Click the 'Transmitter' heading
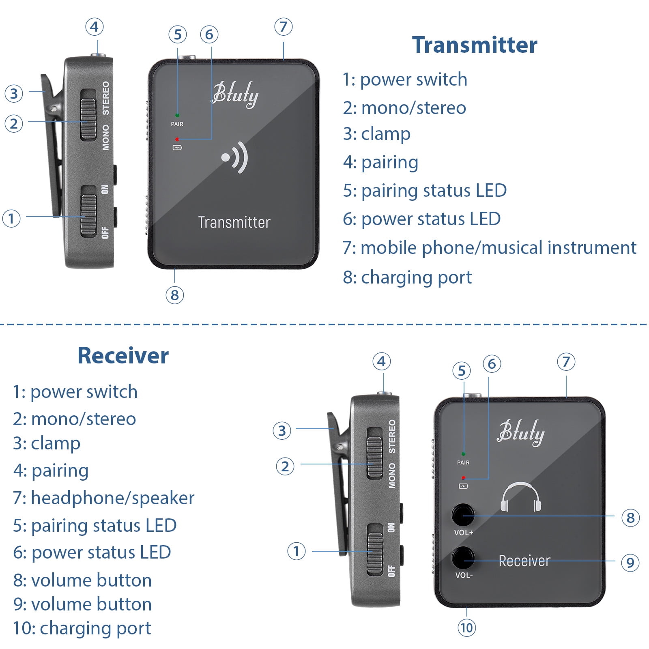[474, 45]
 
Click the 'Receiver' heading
[123, 356]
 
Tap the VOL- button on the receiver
[463, 558]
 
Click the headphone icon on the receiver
[520, 497]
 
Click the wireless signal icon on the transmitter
[235, 157]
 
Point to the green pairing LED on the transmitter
[177, 115]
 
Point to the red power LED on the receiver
[463, 478]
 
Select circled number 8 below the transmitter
[175, 295]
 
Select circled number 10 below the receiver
[466, 628]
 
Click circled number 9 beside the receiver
[630, 563]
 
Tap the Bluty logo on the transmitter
[235, 94]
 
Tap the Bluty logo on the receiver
[521, 432]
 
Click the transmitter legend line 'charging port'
[407, 277]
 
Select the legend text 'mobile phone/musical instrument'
[490, 248]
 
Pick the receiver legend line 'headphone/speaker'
[104, 498]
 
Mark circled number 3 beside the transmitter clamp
[14, 93]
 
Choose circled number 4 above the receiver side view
[381, 361]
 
